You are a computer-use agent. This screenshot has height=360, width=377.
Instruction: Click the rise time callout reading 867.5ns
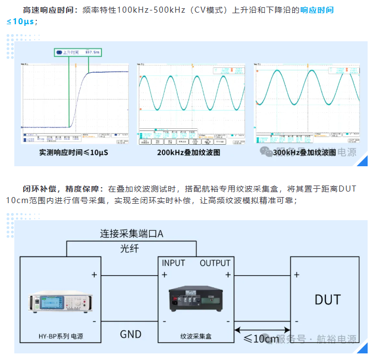78,52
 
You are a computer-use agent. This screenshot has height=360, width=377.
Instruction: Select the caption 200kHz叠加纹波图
188,152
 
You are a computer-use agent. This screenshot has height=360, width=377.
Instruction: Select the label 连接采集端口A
132,233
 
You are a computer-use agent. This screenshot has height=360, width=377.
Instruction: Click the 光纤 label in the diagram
130,249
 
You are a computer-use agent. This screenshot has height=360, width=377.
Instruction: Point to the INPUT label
173,263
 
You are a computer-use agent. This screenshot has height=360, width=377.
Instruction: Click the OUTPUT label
215,263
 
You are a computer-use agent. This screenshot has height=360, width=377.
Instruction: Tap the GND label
130,334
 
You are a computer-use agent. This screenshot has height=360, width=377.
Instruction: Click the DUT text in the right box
327,300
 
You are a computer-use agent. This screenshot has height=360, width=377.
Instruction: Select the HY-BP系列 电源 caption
61,336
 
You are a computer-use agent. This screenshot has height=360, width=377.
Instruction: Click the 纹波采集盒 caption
195,336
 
